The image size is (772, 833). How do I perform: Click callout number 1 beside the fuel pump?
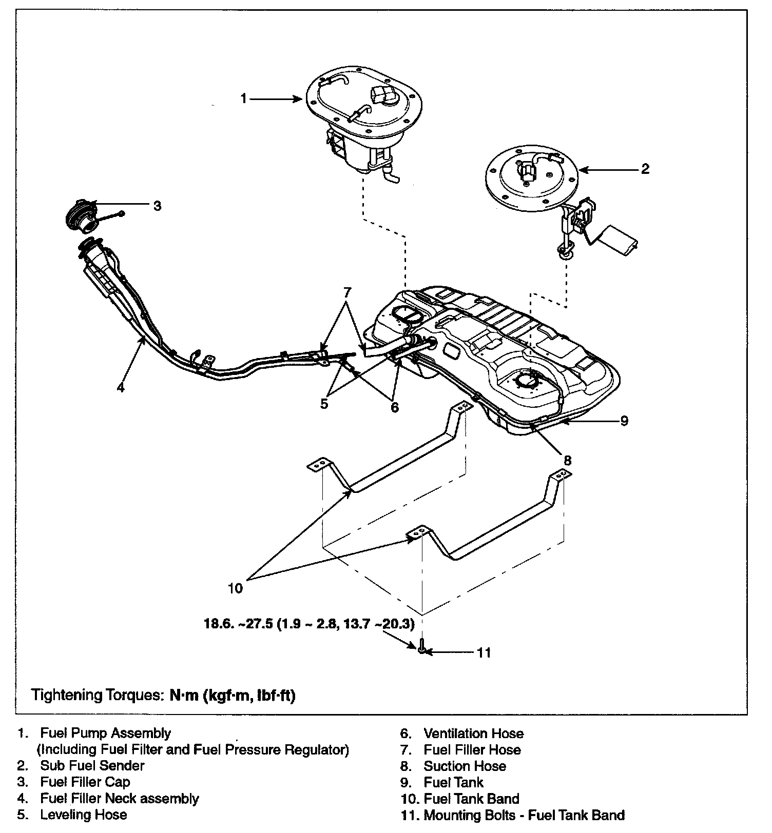[x=244, y=98]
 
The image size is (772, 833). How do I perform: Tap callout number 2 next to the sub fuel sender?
[x=645, y=169]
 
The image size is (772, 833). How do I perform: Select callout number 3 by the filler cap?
[x=158, y=206]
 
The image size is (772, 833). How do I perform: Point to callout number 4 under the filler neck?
[x=121, y=387]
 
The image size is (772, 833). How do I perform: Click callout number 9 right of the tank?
[x=624, y=421]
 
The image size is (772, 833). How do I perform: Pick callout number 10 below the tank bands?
[x=235, y=588]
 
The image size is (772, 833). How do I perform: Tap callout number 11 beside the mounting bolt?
[x=484, y=652]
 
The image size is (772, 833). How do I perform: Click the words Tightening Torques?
[x=96, y=696]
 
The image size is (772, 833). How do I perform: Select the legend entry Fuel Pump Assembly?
[x=105, y=733]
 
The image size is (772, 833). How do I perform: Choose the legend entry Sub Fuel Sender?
[x=92, y=766]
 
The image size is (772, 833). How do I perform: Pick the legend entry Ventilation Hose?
[x=473, y=733]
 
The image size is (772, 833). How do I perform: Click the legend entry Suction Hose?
[x=465, y=766]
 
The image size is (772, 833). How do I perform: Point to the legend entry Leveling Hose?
[x=84, y=815]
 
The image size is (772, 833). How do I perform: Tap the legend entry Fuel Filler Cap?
[x=85, y=782]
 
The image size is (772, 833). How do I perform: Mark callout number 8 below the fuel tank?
[x=567, y=460]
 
